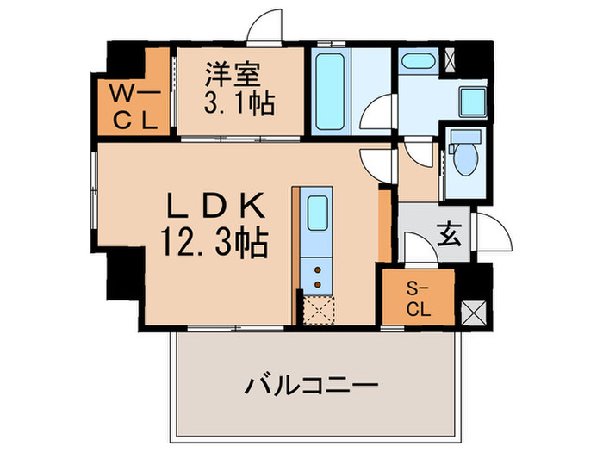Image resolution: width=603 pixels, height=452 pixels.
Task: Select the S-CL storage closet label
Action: [417, 298]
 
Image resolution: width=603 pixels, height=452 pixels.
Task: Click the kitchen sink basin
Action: [316, 214]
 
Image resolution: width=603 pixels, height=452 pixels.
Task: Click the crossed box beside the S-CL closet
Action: [474, 311]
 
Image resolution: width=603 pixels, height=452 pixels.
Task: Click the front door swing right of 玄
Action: [494, 232]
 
